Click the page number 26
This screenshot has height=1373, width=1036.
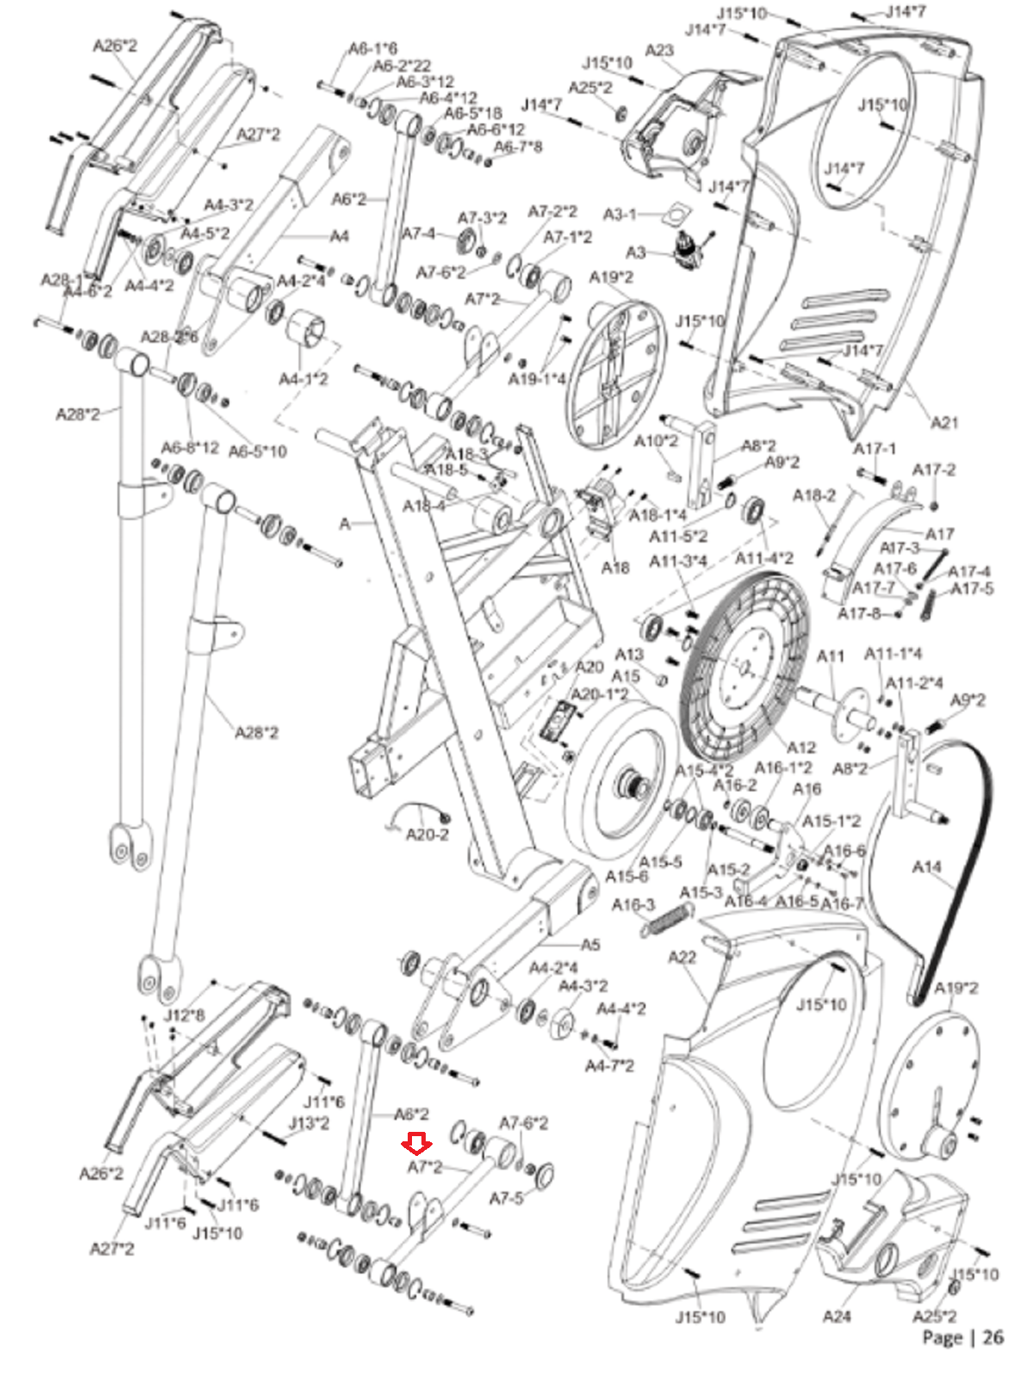992,1337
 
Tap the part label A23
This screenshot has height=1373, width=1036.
658,51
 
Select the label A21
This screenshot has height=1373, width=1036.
944,422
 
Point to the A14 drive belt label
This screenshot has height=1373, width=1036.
927,868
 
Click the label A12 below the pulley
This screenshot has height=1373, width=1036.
801,747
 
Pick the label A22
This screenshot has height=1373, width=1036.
682,957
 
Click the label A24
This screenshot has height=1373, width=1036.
836,1316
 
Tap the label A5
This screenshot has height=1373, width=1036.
591,945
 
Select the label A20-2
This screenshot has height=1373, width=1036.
427,834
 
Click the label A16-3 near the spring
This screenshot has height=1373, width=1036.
633,905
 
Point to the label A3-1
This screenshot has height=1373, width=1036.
620,214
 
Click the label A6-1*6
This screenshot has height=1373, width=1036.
373,49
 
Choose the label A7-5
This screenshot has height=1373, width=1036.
506,1198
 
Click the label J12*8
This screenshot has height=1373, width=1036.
185,1016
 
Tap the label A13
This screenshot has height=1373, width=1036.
629,655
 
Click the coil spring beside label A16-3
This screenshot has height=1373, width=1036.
664,922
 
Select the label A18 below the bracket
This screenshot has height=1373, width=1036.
615,567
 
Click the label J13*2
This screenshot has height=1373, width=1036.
308,1122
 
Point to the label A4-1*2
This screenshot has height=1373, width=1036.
303,378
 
